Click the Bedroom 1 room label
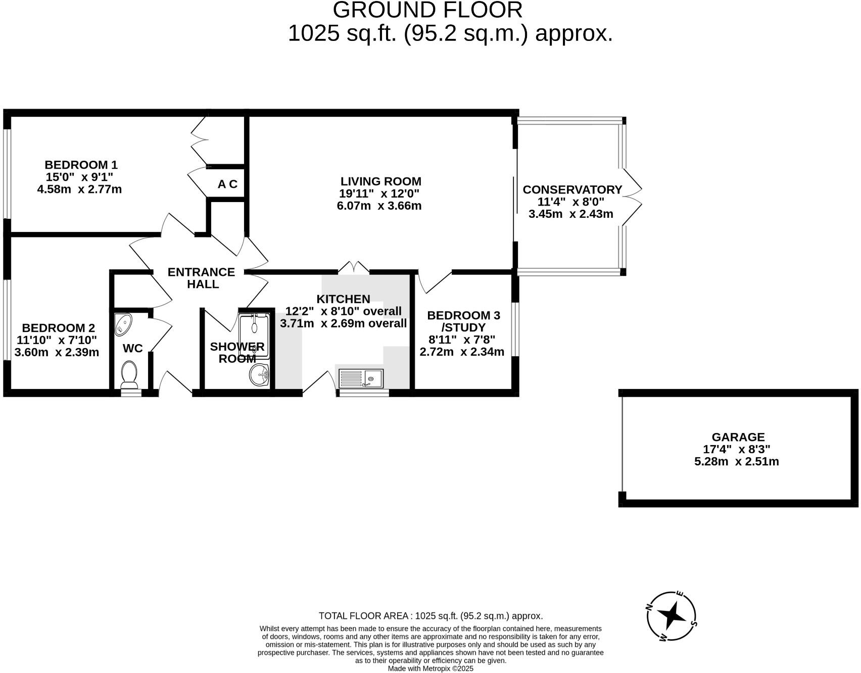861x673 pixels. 81,165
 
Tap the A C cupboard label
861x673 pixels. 227,184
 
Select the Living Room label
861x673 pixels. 380,181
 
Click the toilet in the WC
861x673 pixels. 129,374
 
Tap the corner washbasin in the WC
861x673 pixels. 123,324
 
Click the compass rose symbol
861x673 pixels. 672,616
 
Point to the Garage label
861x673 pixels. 738,437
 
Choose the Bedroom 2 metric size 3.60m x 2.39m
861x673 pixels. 57,352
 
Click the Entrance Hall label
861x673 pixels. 202,278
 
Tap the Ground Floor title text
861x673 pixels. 427,10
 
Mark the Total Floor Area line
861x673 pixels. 431,616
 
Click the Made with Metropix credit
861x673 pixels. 431,668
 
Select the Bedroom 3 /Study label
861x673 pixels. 463,321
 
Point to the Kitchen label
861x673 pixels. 343,299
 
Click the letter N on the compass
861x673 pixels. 650,608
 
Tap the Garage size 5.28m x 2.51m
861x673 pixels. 736,461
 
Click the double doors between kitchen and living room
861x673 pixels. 354,267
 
